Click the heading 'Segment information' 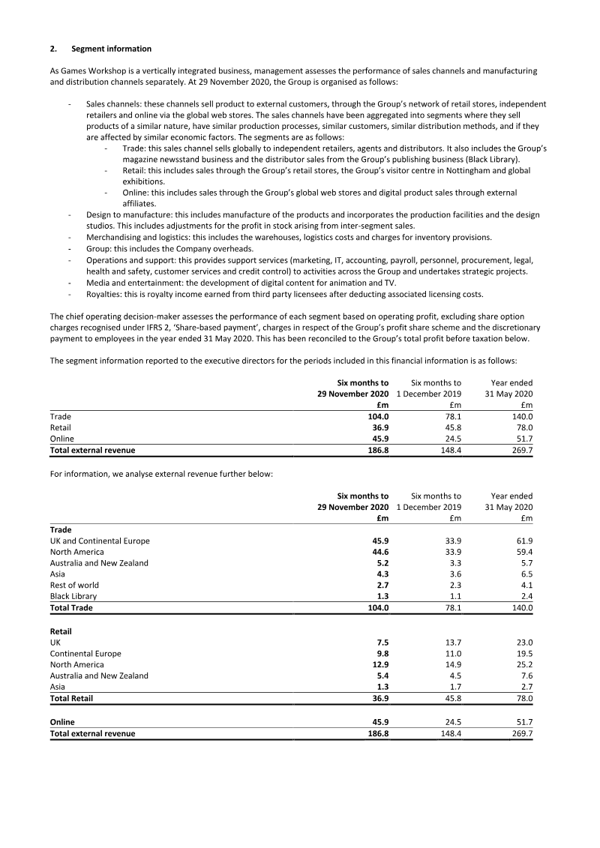pos(111,49)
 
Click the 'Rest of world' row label pos(74,585)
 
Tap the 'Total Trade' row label pos(71,607)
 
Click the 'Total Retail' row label pos(72,697)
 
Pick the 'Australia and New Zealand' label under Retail pos(99,676)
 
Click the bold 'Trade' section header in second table pos(61,529)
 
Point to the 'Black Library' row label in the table pos(73,596)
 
